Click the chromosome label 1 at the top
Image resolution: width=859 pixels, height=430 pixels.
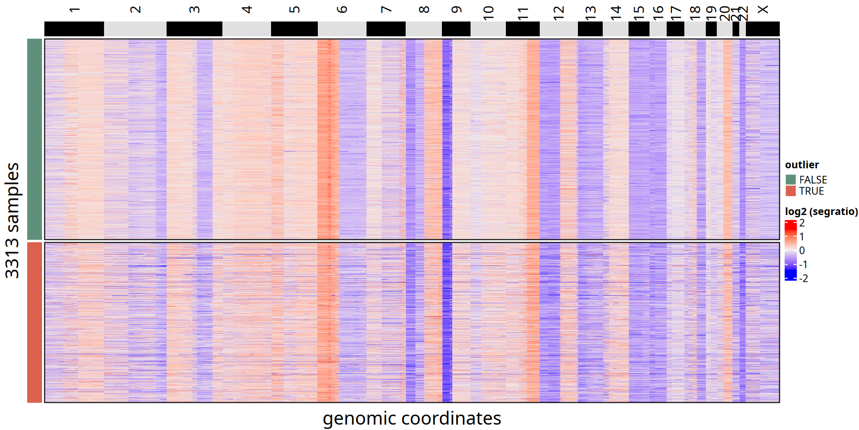coord(74,10)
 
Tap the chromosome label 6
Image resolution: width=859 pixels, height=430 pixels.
coord(342,10)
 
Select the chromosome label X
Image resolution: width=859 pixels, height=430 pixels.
coord(763,10)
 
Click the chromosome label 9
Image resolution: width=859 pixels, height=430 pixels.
coord(456,10)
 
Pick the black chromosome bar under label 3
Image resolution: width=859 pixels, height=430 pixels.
coord(194,29)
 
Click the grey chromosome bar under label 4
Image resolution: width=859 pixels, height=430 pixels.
coord(246,29)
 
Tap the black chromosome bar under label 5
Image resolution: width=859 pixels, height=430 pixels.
coord(294,29)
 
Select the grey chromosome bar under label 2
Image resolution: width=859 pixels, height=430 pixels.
coord(135,29)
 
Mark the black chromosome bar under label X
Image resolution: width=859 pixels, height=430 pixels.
coord(763,29)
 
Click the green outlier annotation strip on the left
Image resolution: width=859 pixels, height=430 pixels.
coord(34,139)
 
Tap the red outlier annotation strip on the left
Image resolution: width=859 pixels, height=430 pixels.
coord(34,322)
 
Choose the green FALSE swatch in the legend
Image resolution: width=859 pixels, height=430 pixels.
coord(791,180)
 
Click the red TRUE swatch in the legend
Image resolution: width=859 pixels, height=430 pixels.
coord(791,191)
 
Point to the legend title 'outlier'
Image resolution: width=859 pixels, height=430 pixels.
coord(802,165)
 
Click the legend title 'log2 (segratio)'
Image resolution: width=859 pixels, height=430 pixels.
coord(821,212)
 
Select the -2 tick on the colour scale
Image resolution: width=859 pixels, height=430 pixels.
coord(804,279)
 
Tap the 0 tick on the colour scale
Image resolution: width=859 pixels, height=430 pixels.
coord(802,251)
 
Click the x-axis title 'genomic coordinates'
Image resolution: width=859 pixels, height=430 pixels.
coord(412,419)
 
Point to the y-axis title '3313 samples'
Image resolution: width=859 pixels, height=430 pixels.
coord(12,220)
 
